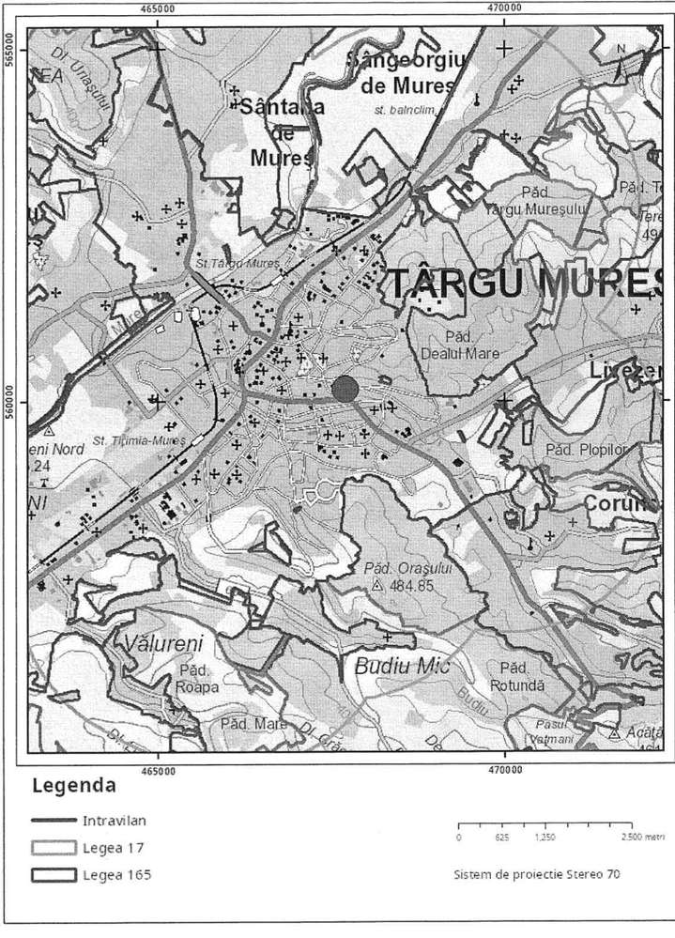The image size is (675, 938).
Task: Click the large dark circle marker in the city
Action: tap(345, 389)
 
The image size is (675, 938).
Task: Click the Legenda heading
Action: tap(74, 785)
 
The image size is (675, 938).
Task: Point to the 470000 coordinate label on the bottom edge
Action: tap(505, 769)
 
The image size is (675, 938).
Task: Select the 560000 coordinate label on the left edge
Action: tap(9, 399)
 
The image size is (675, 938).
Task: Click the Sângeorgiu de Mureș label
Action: tap(406, 74)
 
